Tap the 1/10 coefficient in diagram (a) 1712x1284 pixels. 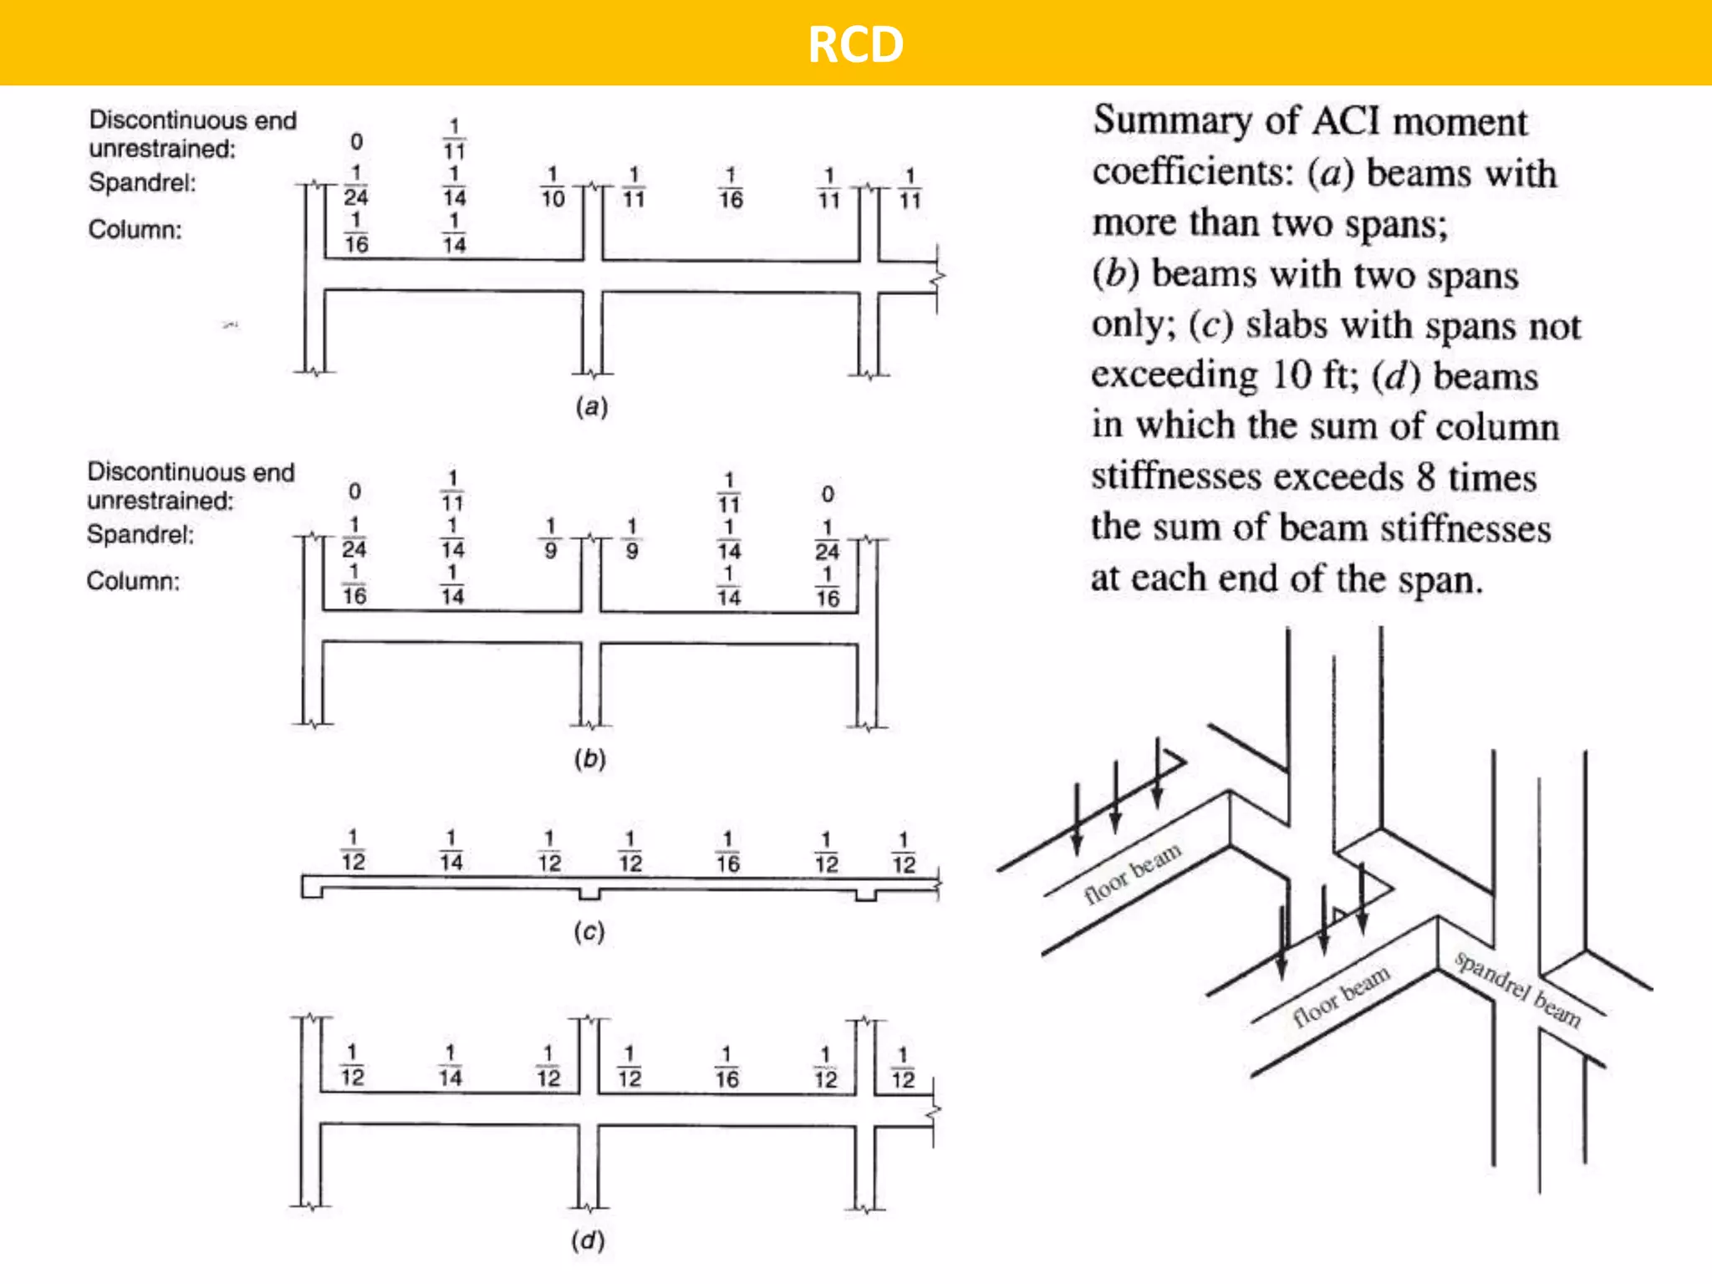click(553, 187)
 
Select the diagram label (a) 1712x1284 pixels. click(591, 407)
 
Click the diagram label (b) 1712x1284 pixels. click(589, 759)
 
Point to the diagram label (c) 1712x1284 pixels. click(588, 931)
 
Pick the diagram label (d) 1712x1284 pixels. click(588, 1240)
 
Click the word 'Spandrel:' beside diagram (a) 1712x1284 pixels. click(142, 182)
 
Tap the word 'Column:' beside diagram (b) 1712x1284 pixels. click(133, 581)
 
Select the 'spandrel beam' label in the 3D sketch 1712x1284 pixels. click(1517, 990)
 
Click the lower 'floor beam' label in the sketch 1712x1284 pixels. click(1341, 995)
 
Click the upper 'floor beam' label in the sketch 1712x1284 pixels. click(1133, 873)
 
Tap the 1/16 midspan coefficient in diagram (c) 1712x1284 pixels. click(727, 852)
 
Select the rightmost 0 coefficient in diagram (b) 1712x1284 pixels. click(827, 494)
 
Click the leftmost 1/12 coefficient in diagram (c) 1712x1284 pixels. click(353, 850)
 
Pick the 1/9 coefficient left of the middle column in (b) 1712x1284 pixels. click(550, 538)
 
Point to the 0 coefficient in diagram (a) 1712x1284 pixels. click(356, 141)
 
